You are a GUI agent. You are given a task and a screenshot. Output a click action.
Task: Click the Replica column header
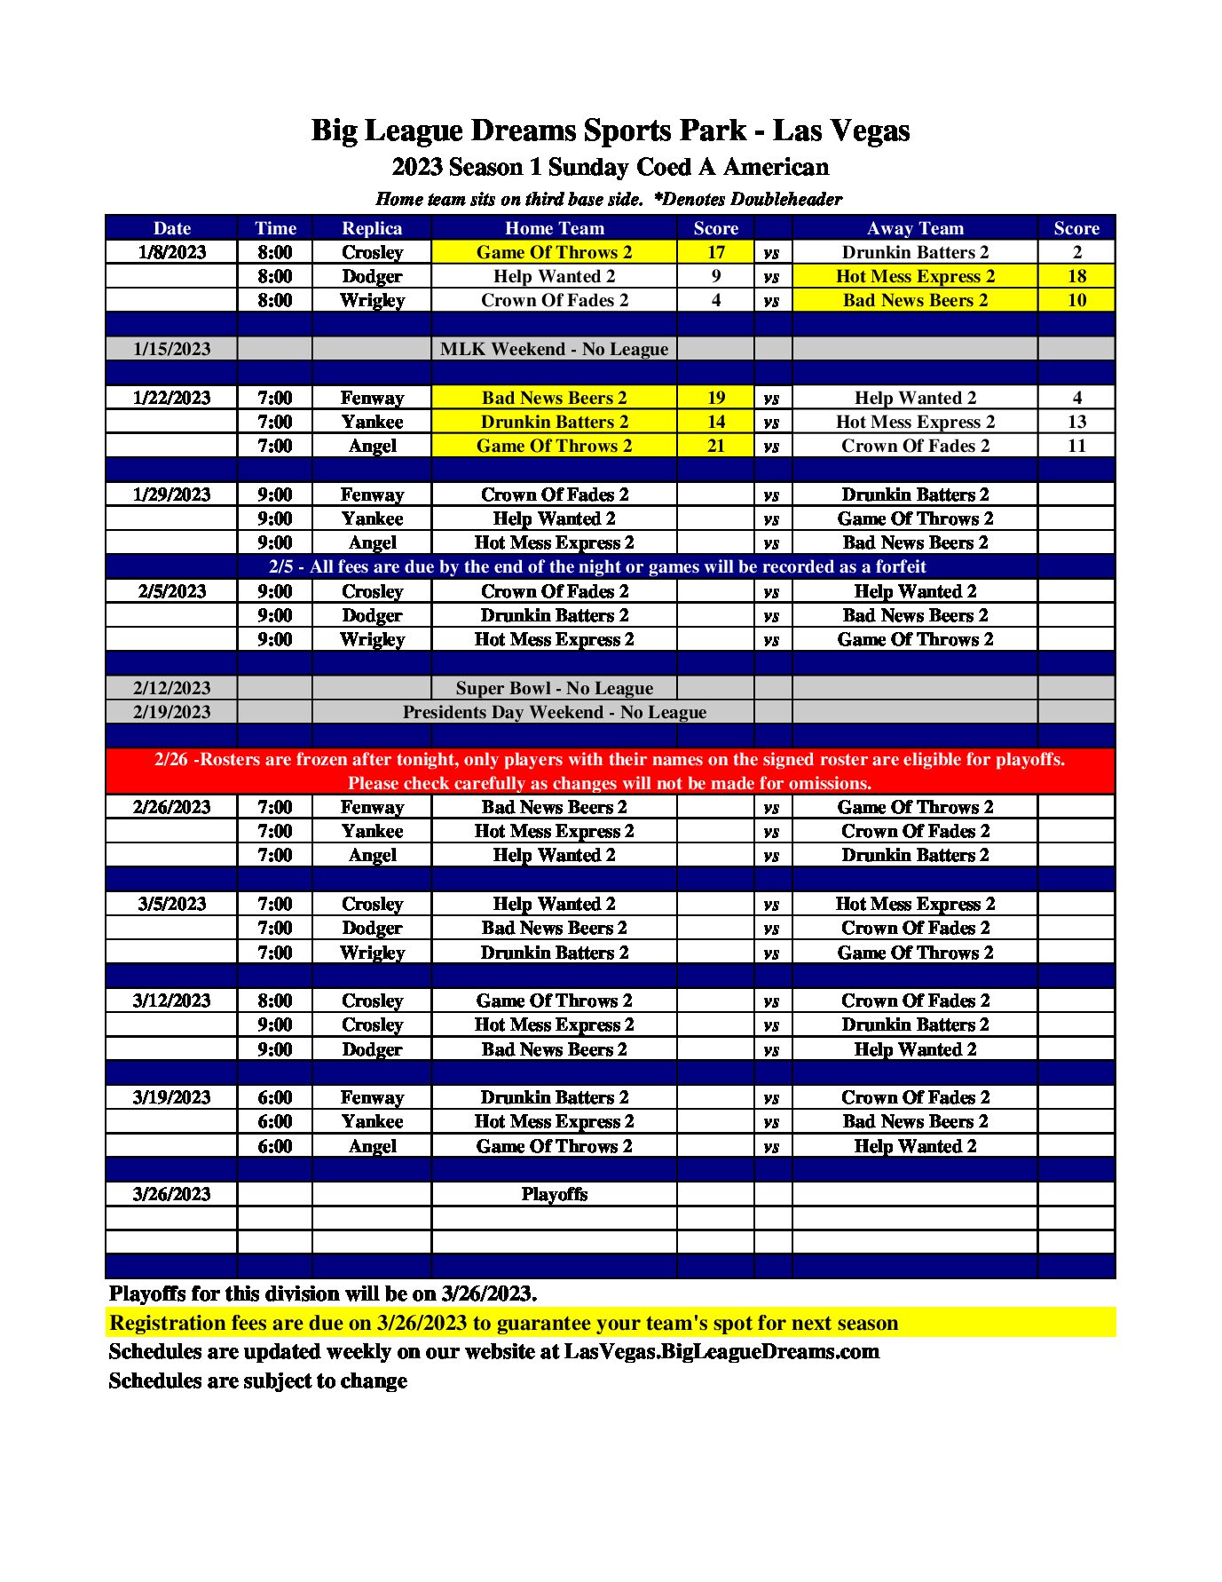pos(372,228)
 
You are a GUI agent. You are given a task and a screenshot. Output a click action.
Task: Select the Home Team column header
pos(554,228)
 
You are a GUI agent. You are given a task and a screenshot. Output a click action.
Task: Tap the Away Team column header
pos(914,228)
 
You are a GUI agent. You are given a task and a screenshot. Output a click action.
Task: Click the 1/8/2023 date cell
pos(171,252)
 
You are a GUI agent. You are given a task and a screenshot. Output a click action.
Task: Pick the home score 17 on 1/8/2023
pos(715,252)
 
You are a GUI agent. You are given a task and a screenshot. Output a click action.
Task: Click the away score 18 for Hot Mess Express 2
pos(1076,276)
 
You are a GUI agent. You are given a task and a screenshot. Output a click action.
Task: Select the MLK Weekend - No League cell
pos(554,349)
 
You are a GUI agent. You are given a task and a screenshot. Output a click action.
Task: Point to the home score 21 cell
pos(715,446)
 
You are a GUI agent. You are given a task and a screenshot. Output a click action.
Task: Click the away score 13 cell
pos(1076,422)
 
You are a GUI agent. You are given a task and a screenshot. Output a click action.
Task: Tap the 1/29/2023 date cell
pos(171,494)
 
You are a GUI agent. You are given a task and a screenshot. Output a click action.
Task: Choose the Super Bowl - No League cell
pos(554,688)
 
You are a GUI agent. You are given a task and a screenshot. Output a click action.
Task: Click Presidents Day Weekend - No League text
pos(554,712)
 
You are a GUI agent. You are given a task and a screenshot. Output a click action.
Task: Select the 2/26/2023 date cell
pos(171,807)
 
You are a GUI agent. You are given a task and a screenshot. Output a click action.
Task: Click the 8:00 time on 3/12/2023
pos(274,1001)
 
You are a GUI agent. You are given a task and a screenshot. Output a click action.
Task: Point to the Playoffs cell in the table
pos(554,1194)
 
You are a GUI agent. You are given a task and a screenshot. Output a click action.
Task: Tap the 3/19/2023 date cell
pos(171,1097)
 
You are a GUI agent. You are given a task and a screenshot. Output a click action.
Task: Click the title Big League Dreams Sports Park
pos(610,131)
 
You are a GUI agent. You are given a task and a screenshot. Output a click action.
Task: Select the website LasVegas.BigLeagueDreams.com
pos(721,1351)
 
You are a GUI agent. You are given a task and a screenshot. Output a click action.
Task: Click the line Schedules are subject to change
pos(257,1380)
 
